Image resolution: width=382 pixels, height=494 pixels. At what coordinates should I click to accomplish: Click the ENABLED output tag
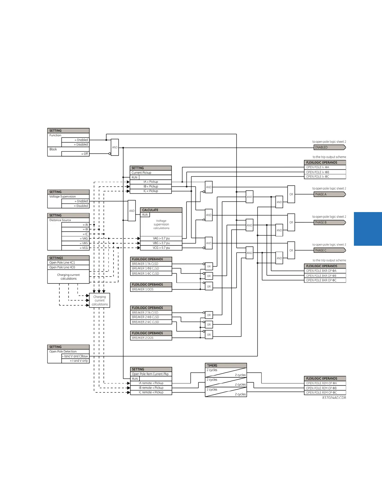coord(329,148)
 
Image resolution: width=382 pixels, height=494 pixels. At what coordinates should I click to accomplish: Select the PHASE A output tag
coord(329,194)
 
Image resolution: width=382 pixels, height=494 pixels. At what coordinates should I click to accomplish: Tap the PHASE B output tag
coord(329,222)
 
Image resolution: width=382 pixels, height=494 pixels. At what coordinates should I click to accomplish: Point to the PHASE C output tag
coord(329,250)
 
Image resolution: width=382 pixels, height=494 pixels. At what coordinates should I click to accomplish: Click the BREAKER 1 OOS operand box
coord(151,289)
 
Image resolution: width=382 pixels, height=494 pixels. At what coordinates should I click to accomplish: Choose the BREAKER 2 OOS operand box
coord(151,338)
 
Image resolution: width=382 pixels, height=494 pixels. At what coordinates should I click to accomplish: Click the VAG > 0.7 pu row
coord(161,239)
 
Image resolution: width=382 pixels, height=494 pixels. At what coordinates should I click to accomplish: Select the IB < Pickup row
coord(151,186)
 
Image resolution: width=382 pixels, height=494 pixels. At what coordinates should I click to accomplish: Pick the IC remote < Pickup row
coord(151,392)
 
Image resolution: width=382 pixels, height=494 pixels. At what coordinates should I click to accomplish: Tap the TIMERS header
coord(226,366)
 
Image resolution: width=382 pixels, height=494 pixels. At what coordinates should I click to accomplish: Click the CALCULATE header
coord(161,210)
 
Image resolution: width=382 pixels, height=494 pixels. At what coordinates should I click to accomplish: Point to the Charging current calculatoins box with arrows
coord(100,301)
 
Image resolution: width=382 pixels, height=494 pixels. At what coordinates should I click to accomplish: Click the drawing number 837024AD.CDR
coord(334,398)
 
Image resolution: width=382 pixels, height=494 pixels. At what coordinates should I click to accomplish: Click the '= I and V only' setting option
coord(75,361)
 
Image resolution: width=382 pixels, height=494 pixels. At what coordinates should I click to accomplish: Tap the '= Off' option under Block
coord(75,154)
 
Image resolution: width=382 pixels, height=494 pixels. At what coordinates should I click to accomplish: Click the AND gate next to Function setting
coord(115,148)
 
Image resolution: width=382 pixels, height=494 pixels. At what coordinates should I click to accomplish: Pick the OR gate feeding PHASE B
coord(291,222)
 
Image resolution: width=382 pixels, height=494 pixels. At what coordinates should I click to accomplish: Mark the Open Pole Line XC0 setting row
coord(68,267)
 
